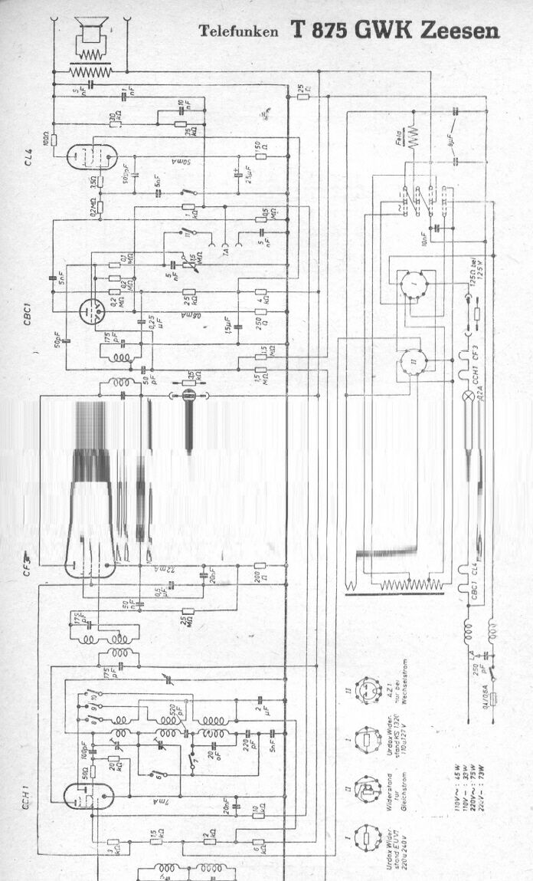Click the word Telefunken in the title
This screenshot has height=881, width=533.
[x=240, y=31]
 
